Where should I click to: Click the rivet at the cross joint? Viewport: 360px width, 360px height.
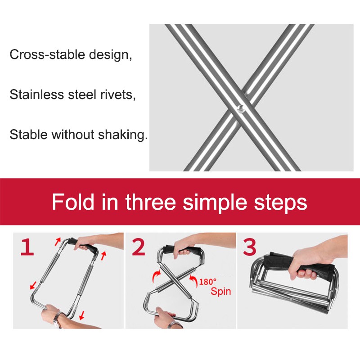241,108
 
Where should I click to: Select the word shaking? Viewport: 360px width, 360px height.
123,134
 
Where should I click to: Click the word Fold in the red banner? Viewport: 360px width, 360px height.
73,202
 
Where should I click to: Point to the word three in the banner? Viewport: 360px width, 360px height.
151,202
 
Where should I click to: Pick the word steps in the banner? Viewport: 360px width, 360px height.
280,204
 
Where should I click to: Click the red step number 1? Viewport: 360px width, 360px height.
27,247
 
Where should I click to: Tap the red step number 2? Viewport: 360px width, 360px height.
139,247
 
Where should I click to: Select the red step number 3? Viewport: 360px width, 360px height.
250,247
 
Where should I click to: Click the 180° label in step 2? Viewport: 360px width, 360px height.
207,282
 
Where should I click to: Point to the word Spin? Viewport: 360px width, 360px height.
220,291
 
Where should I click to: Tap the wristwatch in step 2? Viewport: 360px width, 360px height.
175,324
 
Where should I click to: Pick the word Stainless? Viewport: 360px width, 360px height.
37,94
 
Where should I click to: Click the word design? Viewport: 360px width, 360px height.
110,55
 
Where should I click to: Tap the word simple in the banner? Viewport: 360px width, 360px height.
215,203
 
